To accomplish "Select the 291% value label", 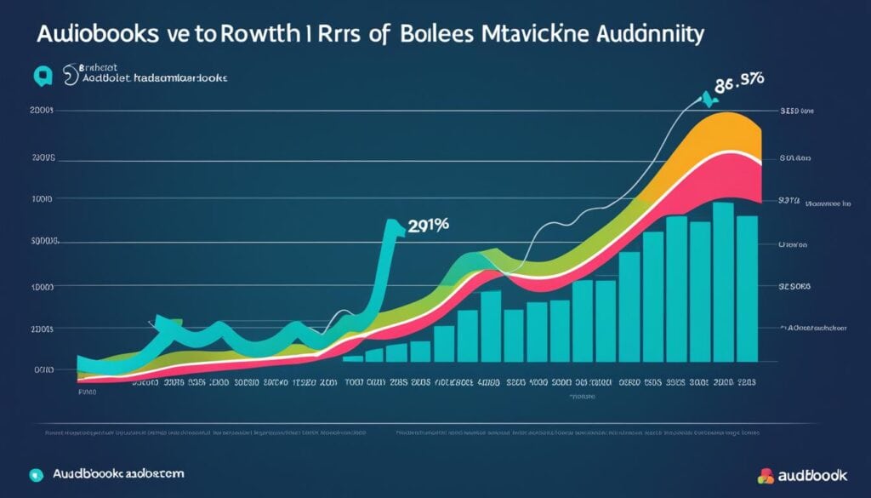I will tap(429, 226).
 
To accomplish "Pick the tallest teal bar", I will tap(723, 289).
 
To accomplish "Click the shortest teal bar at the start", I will tap(353, 358).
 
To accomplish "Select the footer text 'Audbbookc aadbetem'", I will tap(118, 473).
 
